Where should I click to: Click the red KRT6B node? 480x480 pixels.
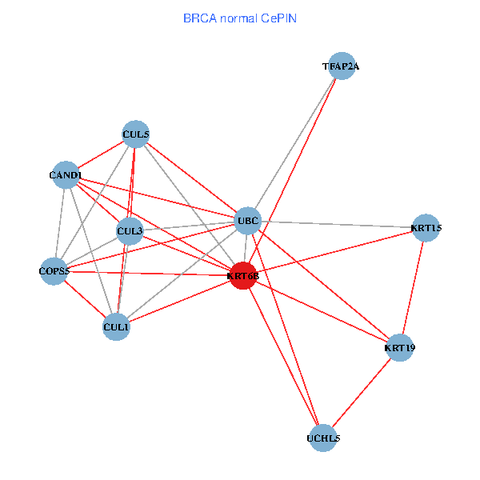click(243, 276)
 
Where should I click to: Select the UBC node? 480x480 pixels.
click(247, 220)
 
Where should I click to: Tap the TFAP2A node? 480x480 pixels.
click(342, 66)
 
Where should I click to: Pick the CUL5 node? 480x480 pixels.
click(136, 134)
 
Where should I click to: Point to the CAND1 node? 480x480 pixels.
click(66, 174)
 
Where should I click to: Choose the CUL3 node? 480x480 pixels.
click(130, 232)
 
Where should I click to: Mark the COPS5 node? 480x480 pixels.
click(55, 271)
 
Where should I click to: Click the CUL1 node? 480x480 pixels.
click(117, 326)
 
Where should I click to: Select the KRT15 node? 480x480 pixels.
click(426, 228)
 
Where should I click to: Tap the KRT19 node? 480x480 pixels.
click(399, 348)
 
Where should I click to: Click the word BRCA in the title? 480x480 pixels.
click(198, 18)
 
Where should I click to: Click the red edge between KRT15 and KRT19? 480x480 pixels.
click(413, 288)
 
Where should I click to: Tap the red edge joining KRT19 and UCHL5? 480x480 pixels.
click(362, 393)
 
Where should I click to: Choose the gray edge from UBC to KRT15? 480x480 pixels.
click(336, 224)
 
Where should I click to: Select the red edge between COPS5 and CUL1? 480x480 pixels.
click(86, 298)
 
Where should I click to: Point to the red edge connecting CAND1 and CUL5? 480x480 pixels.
click(101, 154)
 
